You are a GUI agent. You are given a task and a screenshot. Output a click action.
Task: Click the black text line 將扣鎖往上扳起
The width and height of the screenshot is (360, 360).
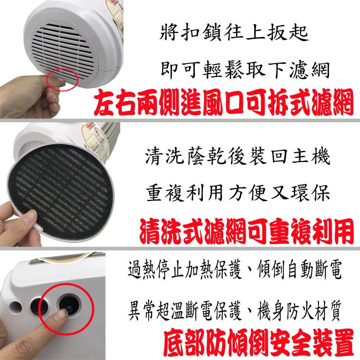pos(234,33)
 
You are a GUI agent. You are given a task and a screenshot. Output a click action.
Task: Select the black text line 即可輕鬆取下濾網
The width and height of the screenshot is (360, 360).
pos(245,70)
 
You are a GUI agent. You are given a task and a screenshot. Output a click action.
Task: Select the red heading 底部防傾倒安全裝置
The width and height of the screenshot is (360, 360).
pos(258,343)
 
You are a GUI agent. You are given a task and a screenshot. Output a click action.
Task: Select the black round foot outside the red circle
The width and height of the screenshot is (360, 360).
pos(37,306)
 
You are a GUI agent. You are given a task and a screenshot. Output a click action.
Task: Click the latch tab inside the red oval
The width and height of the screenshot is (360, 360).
pos(60,80)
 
